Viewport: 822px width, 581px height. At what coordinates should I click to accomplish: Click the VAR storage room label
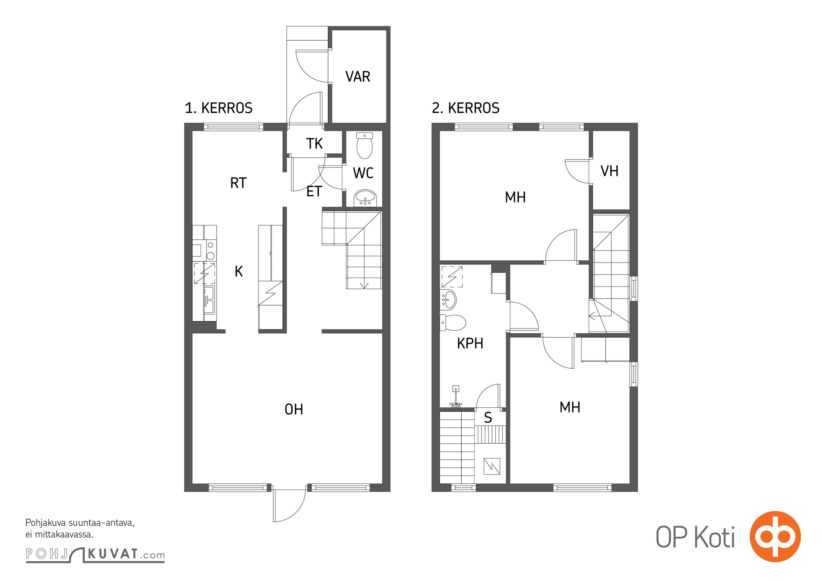tap(358, 77)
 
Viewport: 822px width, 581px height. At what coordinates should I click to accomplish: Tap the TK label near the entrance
tap(314, 143)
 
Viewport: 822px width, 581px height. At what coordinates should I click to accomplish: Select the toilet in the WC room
tap(364, 146)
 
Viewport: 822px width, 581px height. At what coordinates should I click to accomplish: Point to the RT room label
tap(238, 183)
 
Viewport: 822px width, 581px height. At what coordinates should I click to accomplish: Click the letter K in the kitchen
tap(239, 271)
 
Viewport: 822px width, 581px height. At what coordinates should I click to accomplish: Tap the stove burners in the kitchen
tap(210, 251)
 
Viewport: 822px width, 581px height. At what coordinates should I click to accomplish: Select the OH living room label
tap(294, 409)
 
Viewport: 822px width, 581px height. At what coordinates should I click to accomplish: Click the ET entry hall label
tap(314, 191)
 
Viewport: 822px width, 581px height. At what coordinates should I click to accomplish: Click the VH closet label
tap(609, 171)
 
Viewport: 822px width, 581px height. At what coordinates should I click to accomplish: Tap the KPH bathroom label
tap(470, 343)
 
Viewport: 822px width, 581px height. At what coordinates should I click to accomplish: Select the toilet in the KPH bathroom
tap(453, 322)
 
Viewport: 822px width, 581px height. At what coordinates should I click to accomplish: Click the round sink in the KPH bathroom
tap(448, 300)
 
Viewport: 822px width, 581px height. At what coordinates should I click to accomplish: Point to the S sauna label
tap(488, 418)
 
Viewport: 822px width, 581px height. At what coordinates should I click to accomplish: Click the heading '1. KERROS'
tap(218, 108)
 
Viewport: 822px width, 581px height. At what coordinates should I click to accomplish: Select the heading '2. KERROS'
tap(466, 108)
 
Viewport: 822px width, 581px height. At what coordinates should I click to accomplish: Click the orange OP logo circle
tap(775, 537)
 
